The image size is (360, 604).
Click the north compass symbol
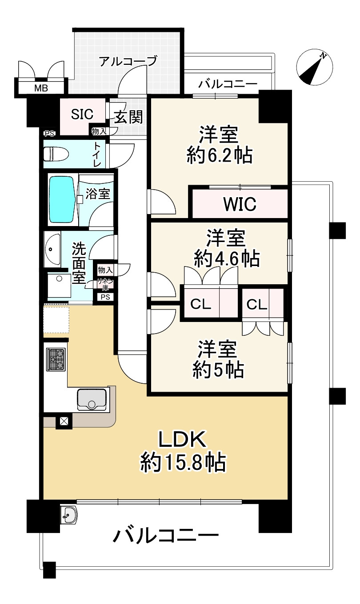(315, 67)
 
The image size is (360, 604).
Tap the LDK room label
(183, 440)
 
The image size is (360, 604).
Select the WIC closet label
(240, 204)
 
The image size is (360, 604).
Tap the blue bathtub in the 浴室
(62, 200)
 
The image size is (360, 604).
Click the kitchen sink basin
(92, 399)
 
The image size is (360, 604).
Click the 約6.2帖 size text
(220, 156)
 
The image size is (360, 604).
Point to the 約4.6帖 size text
(227, 258)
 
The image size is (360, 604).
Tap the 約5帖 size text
(218, 370)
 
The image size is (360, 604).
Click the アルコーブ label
(128, 61)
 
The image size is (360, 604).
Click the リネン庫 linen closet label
(106, 284)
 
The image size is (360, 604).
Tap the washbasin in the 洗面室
(52, 249)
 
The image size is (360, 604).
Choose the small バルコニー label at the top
(228, 83)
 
